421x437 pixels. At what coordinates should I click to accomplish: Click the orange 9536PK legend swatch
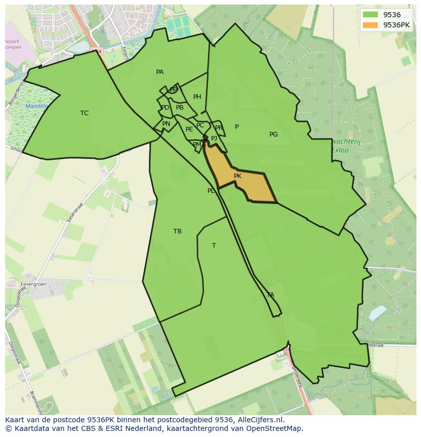[370, 25]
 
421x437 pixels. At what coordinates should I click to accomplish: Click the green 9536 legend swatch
[370, 15]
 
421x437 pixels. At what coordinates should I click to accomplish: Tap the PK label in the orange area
[237, 176]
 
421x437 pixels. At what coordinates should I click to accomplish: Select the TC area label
[84, 113]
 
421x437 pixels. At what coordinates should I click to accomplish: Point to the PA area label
[160, 72]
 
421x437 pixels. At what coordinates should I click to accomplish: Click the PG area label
[274, 135]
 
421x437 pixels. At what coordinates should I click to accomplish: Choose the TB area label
[177, 231]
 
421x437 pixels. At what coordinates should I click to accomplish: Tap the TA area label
[270, 295]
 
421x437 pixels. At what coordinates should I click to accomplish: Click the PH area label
[197, 97]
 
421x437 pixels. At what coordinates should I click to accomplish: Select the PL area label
[211, 191]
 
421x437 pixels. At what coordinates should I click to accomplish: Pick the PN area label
[166, 124]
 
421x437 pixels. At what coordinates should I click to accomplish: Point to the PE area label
[189, 129]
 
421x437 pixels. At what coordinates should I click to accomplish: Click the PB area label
[179, 108]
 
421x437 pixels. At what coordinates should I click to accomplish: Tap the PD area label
[165, 108]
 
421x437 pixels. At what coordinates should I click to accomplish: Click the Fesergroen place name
[34, 284]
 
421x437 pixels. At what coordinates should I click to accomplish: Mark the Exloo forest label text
[340, 150]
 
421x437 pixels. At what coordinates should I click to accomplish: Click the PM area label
[197, 145]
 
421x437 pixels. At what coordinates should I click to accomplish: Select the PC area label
[200, 125]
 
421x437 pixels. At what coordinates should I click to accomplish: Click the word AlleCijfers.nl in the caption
[261, 420]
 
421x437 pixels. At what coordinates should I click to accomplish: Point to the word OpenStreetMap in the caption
[277, 428]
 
